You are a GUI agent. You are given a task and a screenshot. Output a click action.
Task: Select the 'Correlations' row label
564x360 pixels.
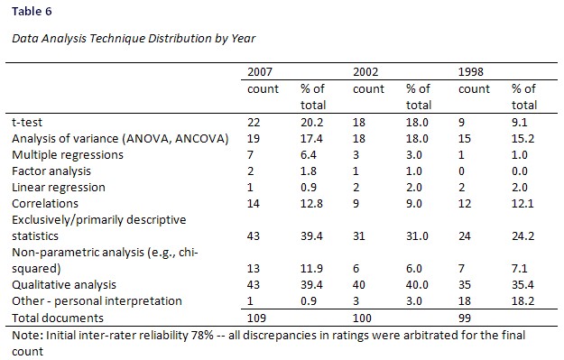click(x=38, y=204)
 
